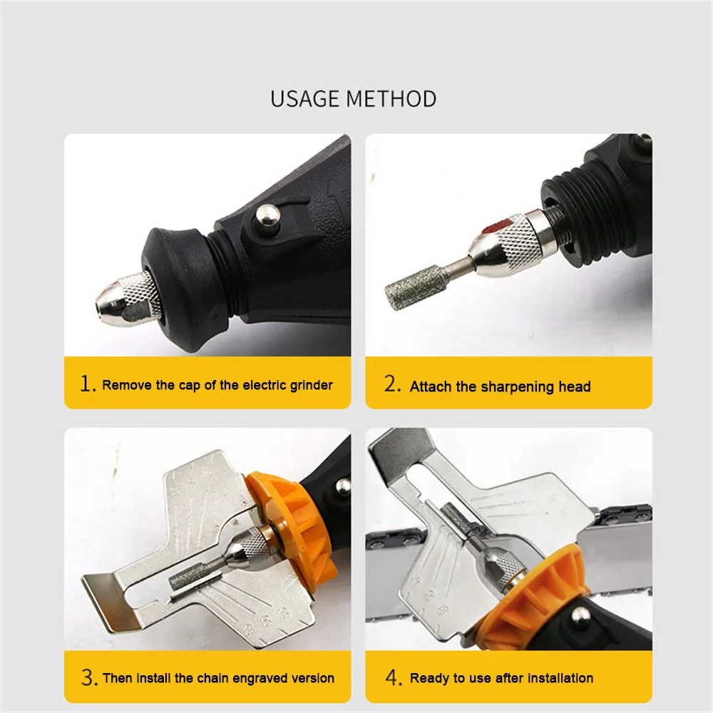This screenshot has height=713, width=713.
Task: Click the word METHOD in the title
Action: [x=391, y=99]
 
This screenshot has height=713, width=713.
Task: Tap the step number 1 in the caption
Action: [x=87, y=384]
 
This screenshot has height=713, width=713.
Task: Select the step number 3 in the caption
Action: [x=89, y=677]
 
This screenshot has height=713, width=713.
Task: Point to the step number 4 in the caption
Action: [x=394, y=677]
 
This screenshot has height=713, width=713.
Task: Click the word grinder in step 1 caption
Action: [x=311, y=386]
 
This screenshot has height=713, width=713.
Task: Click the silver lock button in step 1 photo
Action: [x=268, y=215]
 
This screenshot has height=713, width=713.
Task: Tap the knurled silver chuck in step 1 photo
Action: [x=128, y=299]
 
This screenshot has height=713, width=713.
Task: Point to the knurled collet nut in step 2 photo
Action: [x=514, y=243]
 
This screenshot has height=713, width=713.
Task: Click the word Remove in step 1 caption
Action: [x=127, y=385]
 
